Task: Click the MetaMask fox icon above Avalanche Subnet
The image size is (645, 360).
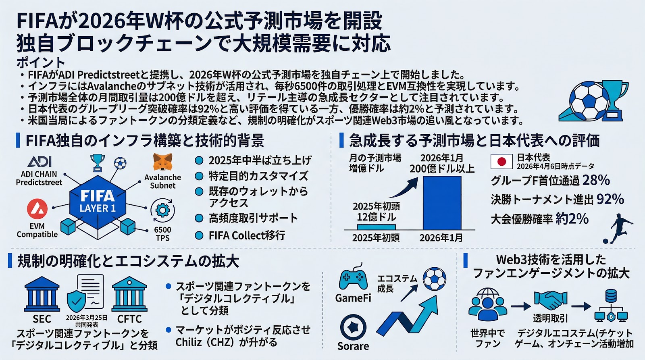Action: coord(163,162)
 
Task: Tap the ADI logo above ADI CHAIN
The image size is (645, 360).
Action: coord(40,162)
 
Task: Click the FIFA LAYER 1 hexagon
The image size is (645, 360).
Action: coord(98,202)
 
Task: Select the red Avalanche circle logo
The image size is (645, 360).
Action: coord(37,208)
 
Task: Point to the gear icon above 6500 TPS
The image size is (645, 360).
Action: coord(162,210)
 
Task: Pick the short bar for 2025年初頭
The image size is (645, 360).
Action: coord(376,227)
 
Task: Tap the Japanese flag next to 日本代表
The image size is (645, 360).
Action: coord(501,162)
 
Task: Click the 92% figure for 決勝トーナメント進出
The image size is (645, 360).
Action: coord(610,199)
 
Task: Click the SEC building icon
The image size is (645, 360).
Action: coord(42,294)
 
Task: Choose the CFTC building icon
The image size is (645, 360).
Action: coord(129,294)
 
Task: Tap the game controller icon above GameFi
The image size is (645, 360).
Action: coord(353,278)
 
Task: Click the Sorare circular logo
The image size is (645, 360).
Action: coord(353,327)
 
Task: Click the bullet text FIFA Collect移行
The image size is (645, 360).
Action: coord(247,235)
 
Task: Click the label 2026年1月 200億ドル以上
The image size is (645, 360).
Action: coord(442,163)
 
